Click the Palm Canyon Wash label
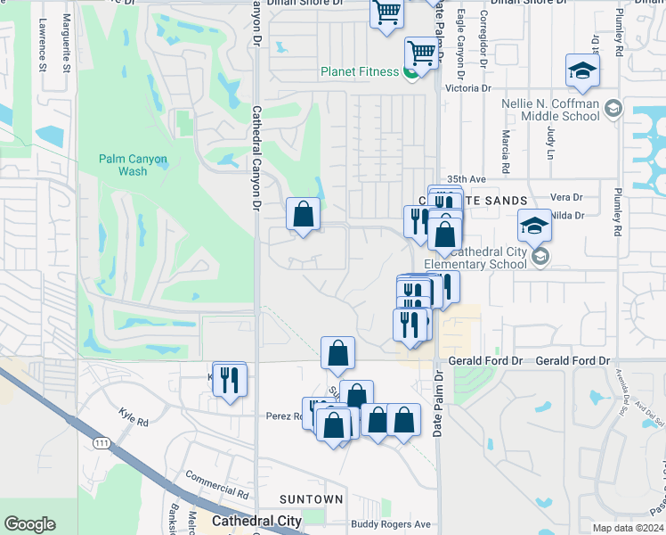[x=133, y=165]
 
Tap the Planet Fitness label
[x=360, y=71]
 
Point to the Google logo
[x=29, y=524]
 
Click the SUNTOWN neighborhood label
[x=311, y=499]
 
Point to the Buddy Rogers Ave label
[x=390, y=524]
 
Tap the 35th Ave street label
[x=467, y=178]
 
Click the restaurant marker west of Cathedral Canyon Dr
[x=230, y=380]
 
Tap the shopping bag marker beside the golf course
[x=303, y=214]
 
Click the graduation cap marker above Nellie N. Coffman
[x=582, y=71]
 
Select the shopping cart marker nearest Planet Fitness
[x=421, y=53]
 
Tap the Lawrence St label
[x=42, y=48]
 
